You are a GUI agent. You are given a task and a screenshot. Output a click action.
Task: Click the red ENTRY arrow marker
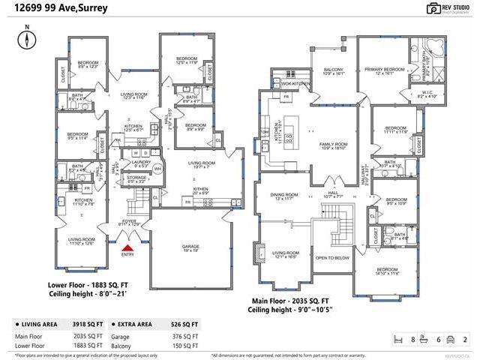click(127, 247)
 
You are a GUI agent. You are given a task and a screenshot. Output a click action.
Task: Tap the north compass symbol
click(27, 42)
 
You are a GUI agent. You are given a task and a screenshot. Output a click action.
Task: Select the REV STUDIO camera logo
click(433, 8)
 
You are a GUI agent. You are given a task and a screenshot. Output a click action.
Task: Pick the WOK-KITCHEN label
click(296, 83)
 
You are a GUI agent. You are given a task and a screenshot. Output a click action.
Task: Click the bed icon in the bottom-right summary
click(399, 340)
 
